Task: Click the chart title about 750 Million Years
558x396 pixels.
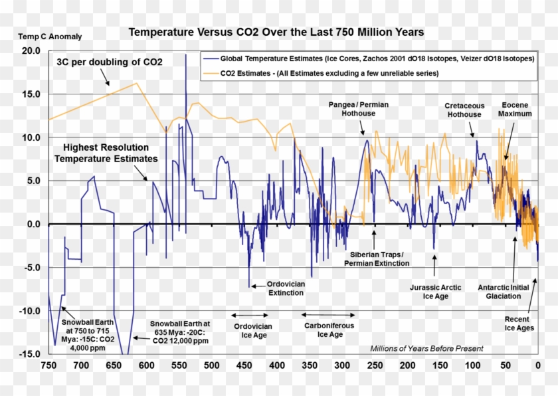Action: (x=276, y=32)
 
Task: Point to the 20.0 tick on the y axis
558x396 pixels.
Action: (x=31, y=51)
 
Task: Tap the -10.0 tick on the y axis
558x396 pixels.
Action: (x=30, y=311)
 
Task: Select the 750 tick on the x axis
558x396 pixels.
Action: (x=48, y=365)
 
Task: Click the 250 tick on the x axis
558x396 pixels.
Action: (x=375, y=365)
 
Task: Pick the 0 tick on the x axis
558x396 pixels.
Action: (x=537, y=365)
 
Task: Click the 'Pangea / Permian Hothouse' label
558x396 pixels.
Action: (x=359, y=109)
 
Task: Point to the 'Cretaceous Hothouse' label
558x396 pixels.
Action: (x=463, y=110)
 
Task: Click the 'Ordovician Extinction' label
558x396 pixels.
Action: (x=286, y=288)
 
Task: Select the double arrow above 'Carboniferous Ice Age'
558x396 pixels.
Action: (x=329, y=314)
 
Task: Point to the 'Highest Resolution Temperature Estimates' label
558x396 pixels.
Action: (x=106, y=153)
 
